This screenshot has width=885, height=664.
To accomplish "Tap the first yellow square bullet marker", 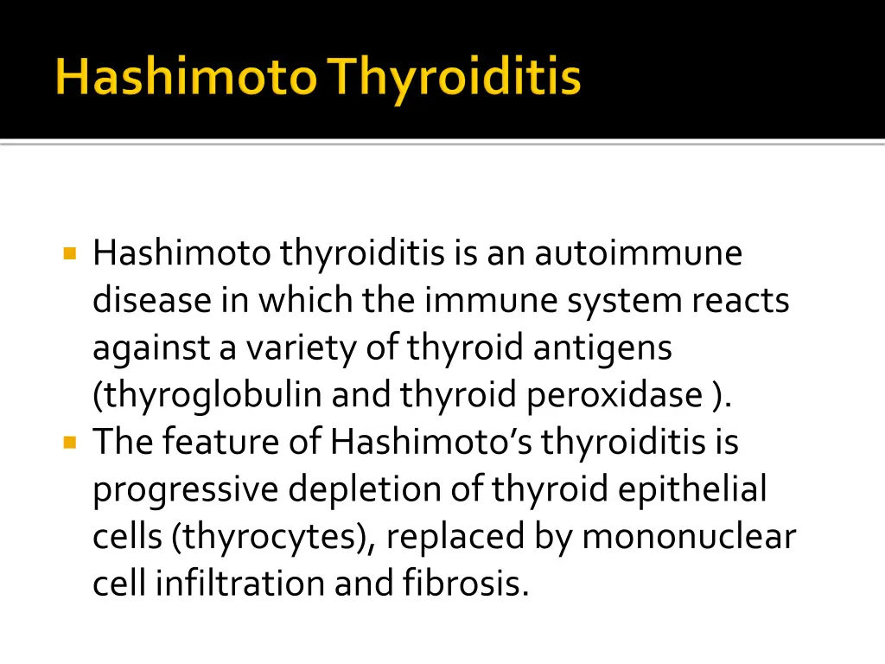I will (x=70, y=254).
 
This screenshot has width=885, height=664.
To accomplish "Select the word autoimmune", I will (x=638, y=254).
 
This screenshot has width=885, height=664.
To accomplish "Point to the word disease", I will (x=152, y=301).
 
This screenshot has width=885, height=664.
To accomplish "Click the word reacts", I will (x=741, y=301).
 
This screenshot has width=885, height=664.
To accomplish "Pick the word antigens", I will (x=603, y=348).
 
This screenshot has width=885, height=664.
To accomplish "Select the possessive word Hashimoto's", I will (x=432, y=443).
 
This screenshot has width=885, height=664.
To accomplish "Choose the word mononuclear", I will (x=688, y=538).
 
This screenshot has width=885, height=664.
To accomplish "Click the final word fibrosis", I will (x=465, y=584).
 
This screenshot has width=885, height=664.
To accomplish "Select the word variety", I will (x=291, y=348).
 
